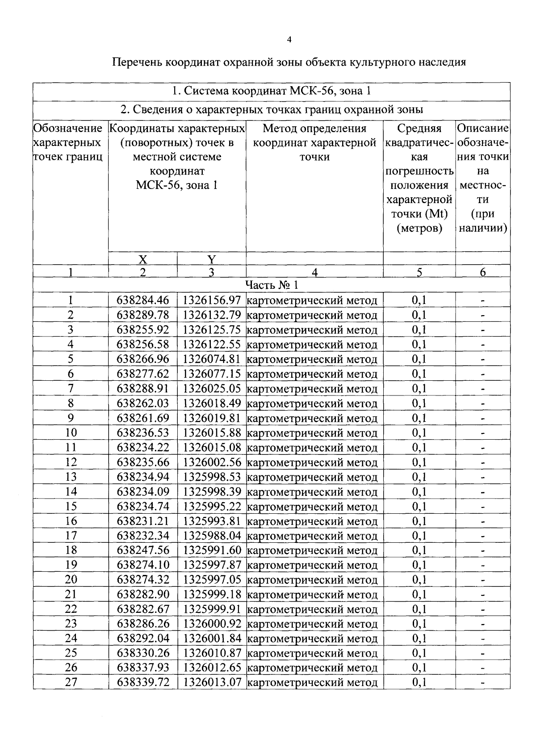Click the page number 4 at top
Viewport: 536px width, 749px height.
tap(289, 40)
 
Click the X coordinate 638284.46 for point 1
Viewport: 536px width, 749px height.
tap(143, 300)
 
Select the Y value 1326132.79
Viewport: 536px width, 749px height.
tap(212, 315)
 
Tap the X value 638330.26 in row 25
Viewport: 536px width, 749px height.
tap(143, 653)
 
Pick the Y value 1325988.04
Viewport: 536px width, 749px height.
tap(212, 536)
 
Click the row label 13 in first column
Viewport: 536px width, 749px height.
tap(71, 477)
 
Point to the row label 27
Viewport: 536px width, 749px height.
tap(71, 682)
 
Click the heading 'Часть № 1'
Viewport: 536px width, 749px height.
tap(271, 285)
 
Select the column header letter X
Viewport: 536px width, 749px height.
tap(142, 259)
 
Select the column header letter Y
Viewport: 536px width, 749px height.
tap(211, 259)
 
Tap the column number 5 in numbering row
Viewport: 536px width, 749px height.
tap(419, 272)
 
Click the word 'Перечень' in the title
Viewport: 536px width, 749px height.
tap(137, 62)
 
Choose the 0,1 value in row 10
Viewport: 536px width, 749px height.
tap(419, 433)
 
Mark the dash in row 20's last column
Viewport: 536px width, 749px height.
tap(482, 580)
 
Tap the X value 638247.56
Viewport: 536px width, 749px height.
tap(143, 550)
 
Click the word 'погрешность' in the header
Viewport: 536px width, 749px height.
tap(419, 171)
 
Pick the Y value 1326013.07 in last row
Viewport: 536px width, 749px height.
tap(212, 682)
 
